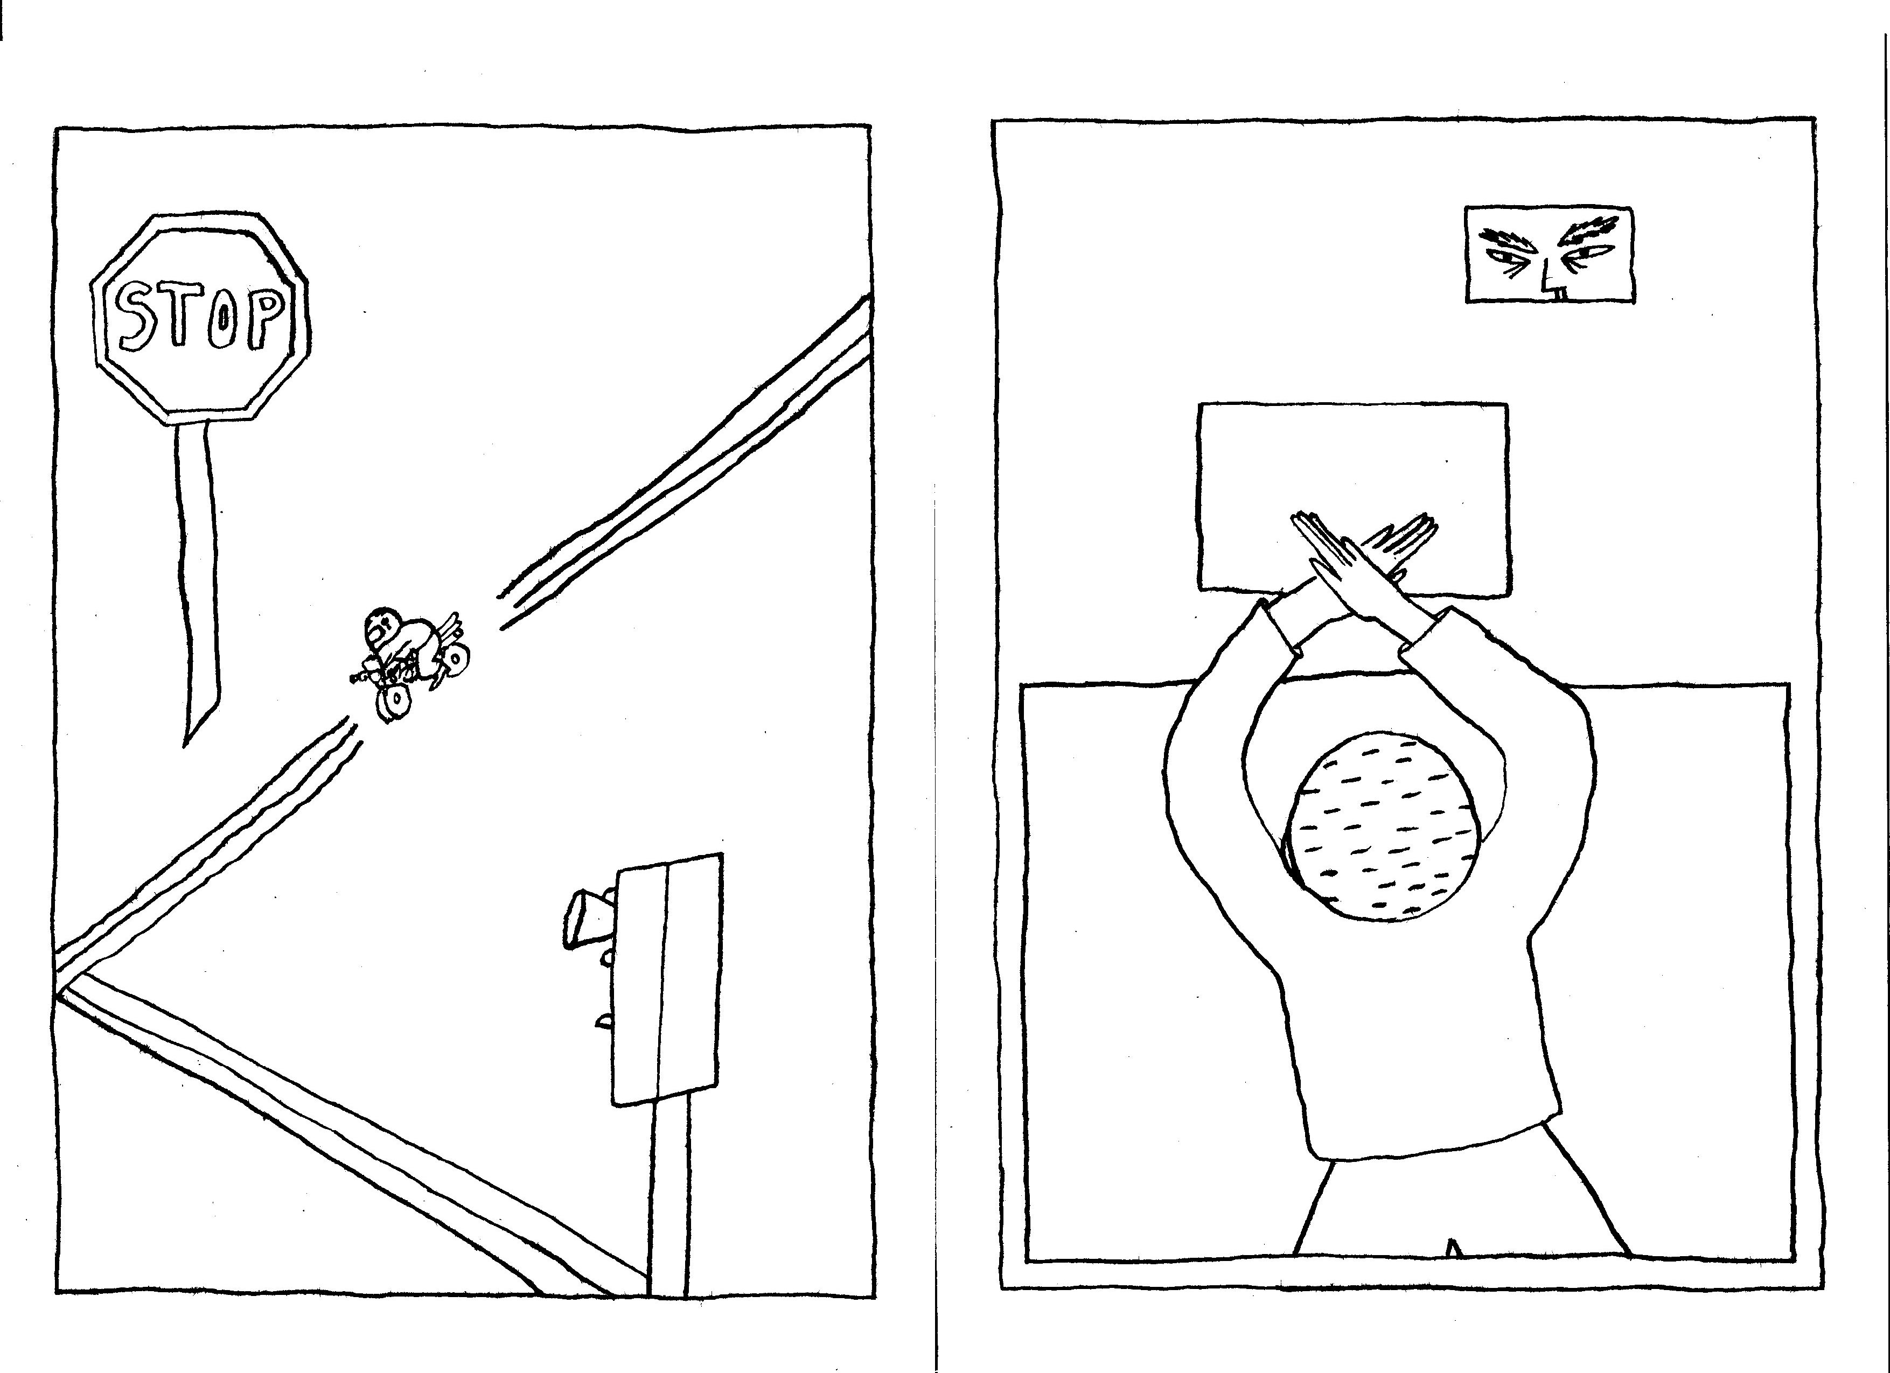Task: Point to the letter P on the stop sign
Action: (265, 317)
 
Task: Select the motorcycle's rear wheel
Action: (457, 660)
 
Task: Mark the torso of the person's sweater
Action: (1417, 1041)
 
